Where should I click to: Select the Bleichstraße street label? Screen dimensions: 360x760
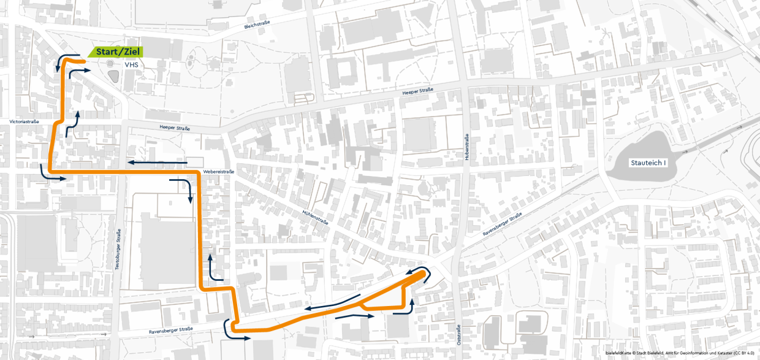pyautogui.click(x=257, y=25)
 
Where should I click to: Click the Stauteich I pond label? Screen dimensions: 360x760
pyautogui.click(x=648, y=163)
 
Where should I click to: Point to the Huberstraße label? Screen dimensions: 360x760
pyautogui.click(x=467, y=147)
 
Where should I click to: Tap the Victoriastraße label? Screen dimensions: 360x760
pyautogui.click(x=25, y=121)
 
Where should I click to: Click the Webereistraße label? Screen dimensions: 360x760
pyautogui.click(x=218, y=172)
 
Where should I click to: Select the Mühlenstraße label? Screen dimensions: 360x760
pyautogui.click(x=315, y=216)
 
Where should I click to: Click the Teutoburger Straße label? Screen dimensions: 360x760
pyautogui.click(x=118, y=251)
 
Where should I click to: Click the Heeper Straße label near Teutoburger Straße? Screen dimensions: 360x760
pyautogui.click(x=175, y=128)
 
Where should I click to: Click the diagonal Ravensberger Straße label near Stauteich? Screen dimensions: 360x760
pyautogui.click(x=502, y=224)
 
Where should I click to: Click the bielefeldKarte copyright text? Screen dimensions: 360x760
pyautogui.click(x=680, y=354)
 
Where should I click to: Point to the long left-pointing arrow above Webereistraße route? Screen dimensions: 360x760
pyautogui.click(x=158, y=163)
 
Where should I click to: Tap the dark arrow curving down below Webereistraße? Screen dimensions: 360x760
pyautogui.click(x=183, y=190)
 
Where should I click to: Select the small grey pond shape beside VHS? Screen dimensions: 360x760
pyautogui.click(x=113, y=76)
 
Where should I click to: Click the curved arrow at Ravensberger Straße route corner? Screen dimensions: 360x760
pyautogui.click(x=230, y=330)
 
